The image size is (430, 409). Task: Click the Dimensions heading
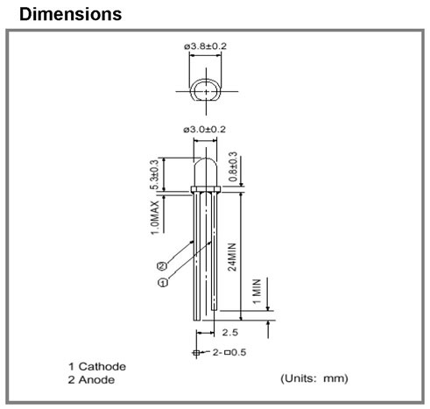click(70, 14)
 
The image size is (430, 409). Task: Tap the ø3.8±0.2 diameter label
click(205, 46)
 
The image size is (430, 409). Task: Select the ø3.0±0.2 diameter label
click(204, 130)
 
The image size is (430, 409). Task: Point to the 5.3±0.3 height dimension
click(154, 174)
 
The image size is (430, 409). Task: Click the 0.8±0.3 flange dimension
click(233, 166)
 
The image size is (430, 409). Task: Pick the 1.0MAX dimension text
click(155, 217)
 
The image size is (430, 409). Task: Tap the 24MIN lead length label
click(232, 257)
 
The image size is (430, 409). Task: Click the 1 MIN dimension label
click(257, 292)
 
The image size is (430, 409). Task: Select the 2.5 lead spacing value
click(230, 332)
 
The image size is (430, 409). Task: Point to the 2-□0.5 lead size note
click(229, 352)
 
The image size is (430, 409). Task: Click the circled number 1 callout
click(163, 283)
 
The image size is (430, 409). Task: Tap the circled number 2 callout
click(162, 266)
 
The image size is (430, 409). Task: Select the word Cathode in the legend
click(102, 366)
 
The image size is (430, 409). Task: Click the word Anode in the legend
click(96, 380)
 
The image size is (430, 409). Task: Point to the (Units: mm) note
click(314, 378)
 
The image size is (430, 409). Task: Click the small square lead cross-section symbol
click(196, 353)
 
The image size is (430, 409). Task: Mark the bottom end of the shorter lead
click(215, 310)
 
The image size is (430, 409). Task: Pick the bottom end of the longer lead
click(197, 320)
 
